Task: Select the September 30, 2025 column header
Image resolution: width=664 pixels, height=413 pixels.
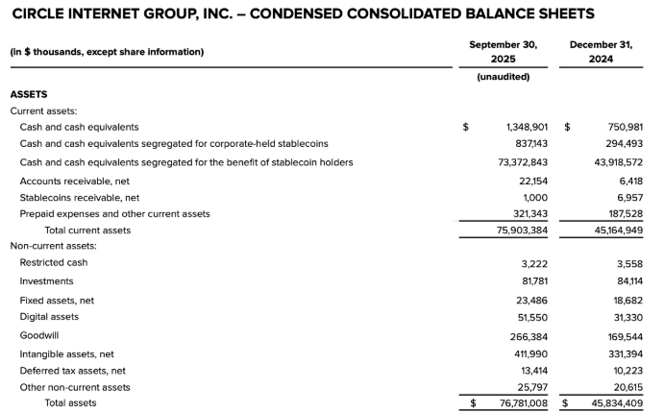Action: coord(503,52)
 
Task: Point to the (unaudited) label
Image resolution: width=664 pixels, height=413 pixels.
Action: coord(503,77)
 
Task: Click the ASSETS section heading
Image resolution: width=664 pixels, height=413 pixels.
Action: coord(29,94)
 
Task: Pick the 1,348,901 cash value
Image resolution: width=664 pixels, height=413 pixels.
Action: coord(527,127)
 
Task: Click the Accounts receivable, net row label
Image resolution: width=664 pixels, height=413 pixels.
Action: coord(74,181)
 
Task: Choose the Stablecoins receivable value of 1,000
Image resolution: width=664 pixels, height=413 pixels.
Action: coord(534,198)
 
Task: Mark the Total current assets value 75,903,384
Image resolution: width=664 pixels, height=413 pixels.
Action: coord(520,231)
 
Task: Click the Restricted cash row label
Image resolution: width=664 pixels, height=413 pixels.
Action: coord(54,262)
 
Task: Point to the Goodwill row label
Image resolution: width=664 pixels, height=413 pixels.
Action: coord(40,335)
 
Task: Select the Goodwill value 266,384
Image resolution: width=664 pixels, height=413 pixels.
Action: coord(529,336)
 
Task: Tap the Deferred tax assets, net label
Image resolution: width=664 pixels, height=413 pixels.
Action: coord(73,370)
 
